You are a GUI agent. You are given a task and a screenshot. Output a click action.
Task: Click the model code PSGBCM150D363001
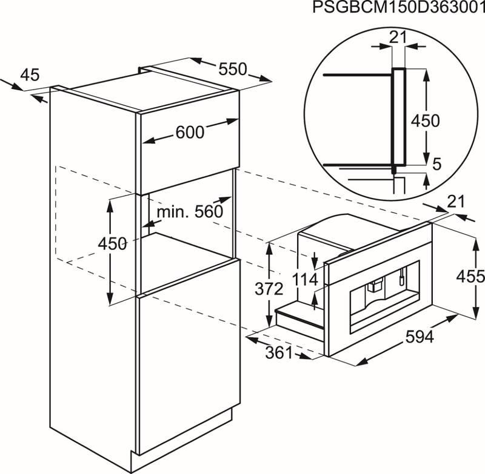point(398,7)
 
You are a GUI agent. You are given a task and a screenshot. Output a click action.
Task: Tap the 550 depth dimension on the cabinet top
point(233,69)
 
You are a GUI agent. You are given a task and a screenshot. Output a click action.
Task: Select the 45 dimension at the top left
point(30,75)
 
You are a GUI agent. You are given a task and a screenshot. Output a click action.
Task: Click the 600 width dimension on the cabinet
point(190,133)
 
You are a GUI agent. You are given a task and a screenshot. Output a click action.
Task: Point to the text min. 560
point(190,211)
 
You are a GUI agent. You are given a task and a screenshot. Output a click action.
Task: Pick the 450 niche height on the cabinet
point(112,243)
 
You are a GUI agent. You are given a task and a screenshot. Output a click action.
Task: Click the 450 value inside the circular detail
point(425,120)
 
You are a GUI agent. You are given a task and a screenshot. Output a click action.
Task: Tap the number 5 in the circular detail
point(436,164)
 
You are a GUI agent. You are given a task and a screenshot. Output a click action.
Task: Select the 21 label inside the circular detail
point(398,38)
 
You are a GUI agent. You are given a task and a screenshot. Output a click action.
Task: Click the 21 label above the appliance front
point(457,202)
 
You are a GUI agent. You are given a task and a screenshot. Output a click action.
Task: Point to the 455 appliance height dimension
point(470,277)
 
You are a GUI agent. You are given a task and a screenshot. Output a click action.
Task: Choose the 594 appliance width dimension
point(420,337)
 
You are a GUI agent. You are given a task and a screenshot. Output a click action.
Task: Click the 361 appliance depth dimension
point(279,353)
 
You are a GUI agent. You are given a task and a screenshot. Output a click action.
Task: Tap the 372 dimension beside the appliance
point(269,289)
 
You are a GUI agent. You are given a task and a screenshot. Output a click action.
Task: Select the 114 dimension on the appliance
point(305,280)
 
